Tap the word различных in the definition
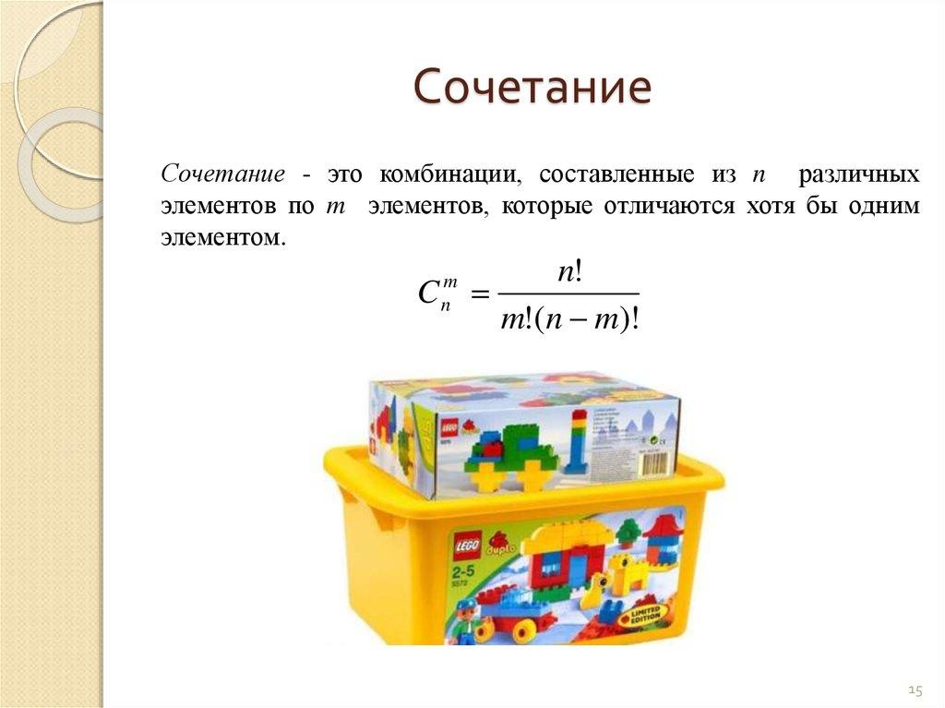[x=858, y=174]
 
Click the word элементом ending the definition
[x=218, y=237]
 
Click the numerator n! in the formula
[x=568, y=271]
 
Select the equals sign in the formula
[x=478, y=294]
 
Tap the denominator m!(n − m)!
[x=569, y=319]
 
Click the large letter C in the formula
[x=427, y=294]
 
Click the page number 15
[x=915, y=690]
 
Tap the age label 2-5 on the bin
[x=464, y=567]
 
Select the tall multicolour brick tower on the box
[x=578, y=443]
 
